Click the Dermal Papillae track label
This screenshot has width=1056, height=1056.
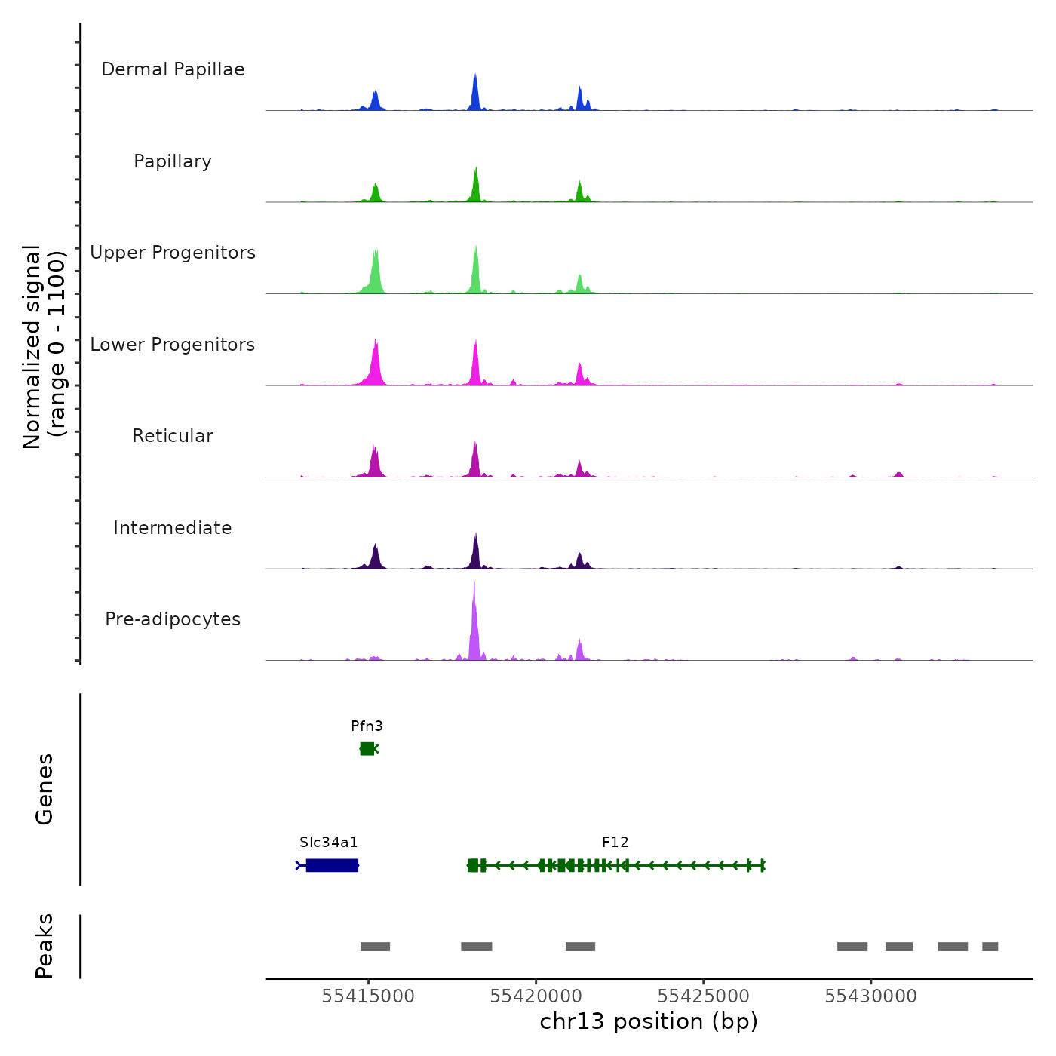coord(173,69)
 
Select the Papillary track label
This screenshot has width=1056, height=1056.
coord(173,161)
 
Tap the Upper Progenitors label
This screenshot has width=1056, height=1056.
coord(173,253)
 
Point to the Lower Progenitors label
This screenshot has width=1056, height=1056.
coord(173,345)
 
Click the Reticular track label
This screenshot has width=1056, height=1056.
coord(173,436)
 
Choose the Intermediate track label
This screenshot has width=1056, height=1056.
coord(173,528)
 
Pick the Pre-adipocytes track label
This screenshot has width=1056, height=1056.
coord(173,619)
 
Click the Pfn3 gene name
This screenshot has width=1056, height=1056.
coord(367,726)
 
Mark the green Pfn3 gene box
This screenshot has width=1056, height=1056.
coord(367,748)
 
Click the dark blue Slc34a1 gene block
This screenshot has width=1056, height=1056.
coord(332,865)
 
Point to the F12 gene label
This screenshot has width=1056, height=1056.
coord(615,843)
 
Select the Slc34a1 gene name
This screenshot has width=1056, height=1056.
coord(328,843)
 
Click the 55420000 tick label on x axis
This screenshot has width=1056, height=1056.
coord(536,996)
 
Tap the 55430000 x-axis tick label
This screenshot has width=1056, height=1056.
coord(870,996)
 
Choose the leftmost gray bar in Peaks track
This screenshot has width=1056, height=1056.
coord(375,947)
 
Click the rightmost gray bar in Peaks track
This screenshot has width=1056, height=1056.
coord(990,947)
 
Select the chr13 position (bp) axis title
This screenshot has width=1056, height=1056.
coord(649,1021)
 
